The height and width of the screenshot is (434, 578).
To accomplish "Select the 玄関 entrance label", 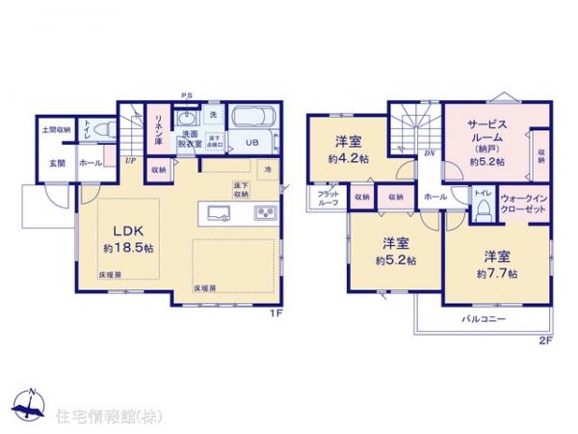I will [56, 163].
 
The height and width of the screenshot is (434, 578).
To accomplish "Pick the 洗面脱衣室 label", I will [188, 141].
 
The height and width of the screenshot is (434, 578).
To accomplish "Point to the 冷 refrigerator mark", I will [268, 171].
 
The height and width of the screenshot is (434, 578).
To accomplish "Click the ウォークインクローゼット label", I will [523, 203].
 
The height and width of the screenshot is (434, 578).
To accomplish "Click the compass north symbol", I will [29, 405].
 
